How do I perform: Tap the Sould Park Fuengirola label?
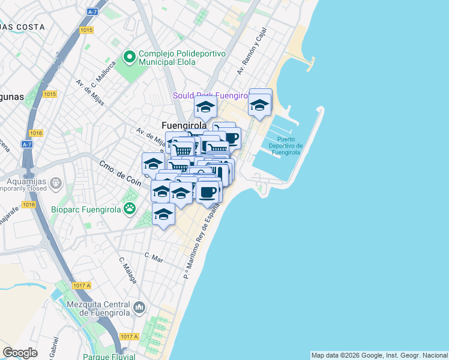point(210,95)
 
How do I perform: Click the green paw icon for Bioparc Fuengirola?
point(129,208)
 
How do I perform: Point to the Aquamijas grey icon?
point(55,182)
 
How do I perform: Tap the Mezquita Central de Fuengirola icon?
point(139,307)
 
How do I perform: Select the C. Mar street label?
point(154,256)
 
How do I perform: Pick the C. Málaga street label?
point(128,271)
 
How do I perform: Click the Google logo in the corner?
point(20,353)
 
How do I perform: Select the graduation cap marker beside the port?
point(260,104)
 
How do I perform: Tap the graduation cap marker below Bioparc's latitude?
point(163,215)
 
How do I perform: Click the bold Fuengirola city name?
point(184,125)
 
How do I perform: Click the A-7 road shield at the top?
point(92,11)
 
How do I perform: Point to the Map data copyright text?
point(379,355)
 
